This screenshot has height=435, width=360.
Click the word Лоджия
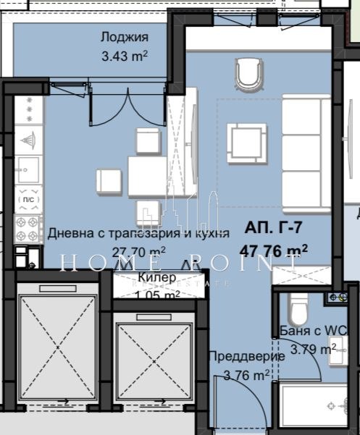125,38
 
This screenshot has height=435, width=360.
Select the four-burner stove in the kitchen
29,224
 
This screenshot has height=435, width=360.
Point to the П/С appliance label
29,198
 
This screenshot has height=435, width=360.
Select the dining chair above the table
147,140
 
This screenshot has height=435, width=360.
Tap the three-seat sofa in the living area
304,138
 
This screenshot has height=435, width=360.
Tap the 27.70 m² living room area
139,251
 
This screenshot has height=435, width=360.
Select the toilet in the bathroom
298,308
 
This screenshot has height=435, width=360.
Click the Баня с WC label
314,331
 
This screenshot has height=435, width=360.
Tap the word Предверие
238,357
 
